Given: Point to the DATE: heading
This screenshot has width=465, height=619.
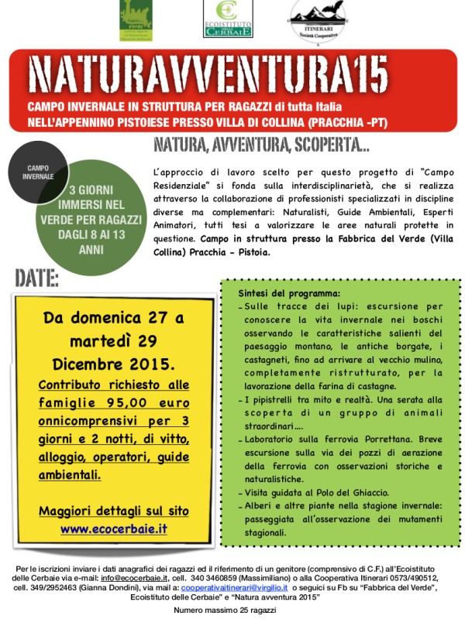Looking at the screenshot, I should [36, 278].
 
